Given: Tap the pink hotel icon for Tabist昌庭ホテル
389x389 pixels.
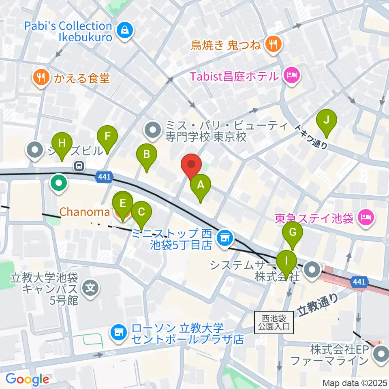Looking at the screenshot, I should [291, 76].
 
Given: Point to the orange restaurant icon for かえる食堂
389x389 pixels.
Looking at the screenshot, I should [41, 77].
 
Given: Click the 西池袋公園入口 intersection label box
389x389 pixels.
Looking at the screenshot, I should [274, 323].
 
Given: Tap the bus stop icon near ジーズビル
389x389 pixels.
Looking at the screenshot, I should [79, 165].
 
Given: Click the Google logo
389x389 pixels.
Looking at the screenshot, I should [27, 379].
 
